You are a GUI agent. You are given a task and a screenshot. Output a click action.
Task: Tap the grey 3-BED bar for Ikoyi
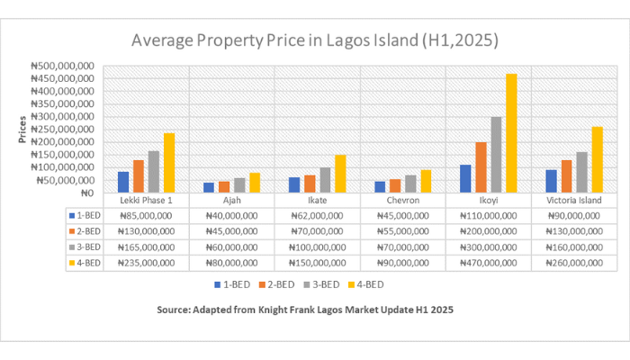click(x=496, y=155)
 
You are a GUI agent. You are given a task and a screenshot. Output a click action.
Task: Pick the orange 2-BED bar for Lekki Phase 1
click(x=139, y=176)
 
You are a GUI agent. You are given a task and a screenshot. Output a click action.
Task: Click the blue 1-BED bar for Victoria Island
click(x=551, y=181)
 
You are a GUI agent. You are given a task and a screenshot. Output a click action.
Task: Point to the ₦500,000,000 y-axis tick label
click(x=64, y=66)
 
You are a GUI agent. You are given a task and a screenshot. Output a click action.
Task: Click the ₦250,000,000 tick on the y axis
click(x=64, y=130)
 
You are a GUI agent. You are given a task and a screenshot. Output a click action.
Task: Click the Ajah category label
click(x=231, y=201)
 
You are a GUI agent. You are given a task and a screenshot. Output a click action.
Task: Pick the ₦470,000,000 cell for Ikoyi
click(x=489, y=263)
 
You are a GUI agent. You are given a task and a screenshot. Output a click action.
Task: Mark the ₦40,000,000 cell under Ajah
click(x=231, y=216)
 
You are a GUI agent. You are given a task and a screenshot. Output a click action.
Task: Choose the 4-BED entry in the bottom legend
click(x=372, y=284)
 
